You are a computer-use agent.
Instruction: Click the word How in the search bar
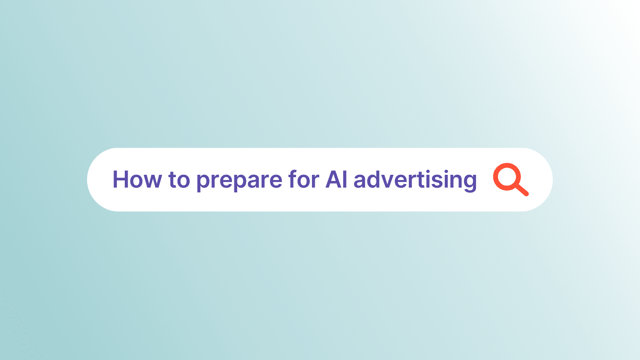pos(137,180)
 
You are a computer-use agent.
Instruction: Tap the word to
pos(179,180)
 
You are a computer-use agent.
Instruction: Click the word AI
pos(336,180)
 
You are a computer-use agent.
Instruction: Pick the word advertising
pos(415,180)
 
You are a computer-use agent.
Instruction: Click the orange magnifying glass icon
pos(511,180)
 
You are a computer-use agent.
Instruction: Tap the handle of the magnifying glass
pos(522,190)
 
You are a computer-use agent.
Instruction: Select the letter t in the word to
pos(172,180)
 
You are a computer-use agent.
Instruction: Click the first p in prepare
pos(204,182)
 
